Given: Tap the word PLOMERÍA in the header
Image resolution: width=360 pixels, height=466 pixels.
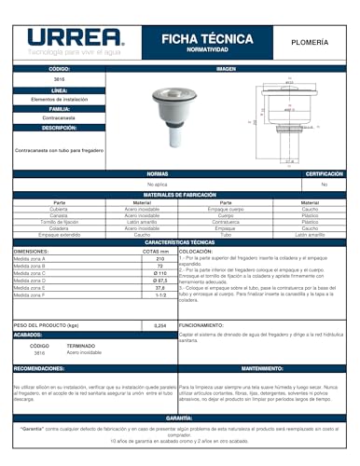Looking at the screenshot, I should [312, 40].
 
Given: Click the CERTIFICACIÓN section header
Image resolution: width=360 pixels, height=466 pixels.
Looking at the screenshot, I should [324, 174].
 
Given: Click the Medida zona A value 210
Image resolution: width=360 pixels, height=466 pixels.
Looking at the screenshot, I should [159, 258].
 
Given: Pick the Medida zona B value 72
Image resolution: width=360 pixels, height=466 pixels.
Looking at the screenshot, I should [159, 266].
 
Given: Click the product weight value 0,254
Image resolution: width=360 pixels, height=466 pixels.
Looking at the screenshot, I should [159, 325].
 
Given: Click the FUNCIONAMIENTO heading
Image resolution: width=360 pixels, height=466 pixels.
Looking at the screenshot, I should [201, 325].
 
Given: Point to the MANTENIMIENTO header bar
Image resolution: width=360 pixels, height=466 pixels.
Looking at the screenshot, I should [268, 368].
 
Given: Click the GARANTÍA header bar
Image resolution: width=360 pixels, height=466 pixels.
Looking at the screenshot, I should [180, 418].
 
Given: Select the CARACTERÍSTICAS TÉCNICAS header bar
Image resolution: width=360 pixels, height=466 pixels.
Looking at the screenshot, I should [180, 241].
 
